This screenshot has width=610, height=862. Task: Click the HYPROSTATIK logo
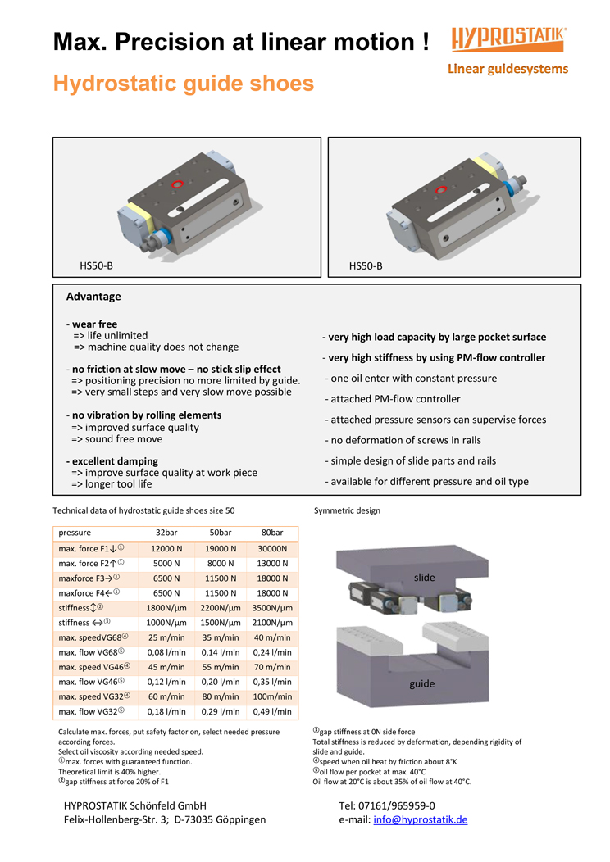coord(508,39)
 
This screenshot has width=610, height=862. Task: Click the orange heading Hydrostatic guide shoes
coord(184,84)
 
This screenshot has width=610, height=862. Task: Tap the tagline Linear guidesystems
coord(508,69)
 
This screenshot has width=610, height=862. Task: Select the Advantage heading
coord(93,297)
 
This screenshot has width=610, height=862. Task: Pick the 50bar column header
coord(221,533)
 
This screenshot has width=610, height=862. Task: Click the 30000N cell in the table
coord(272,548)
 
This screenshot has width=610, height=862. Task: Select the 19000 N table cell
coord(221,548)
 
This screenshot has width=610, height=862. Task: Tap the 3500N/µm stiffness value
coord(272,608)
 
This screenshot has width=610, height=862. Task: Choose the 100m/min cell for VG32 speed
coord(272,696)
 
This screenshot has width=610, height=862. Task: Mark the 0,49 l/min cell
coord(272,711)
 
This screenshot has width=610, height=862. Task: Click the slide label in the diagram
coord(424,578)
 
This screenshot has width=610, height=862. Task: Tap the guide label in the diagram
coord(422,683)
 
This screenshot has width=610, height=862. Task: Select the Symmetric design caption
coord(347,510)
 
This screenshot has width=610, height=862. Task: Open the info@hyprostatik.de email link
coord(420,819)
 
